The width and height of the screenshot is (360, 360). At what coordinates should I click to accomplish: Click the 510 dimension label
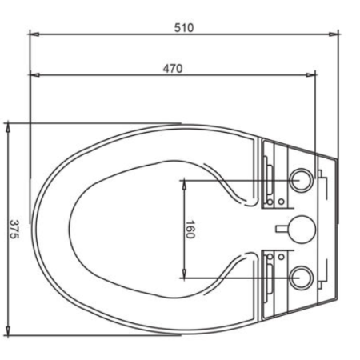184,28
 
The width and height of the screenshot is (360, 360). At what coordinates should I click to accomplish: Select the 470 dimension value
173,69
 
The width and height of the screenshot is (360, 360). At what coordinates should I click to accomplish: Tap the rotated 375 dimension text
14,230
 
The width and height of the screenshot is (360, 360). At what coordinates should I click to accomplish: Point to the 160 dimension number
190,230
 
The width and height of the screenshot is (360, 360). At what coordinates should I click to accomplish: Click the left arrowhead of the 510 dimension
34,34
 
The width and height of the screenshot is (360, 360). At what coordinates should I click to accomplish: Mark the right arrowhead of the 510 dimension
334,34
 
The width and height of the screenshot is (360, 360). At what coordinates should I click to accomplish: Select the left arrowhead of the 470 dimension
34,75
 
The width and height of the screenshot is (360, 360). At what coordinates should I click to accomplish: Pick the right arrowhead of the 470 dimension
310,75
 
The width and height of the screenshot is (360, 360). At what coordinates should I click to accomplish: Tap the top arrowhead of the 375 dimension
8,127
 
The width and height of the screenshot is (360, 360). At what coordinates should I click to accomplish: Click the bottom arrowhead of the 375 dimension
8,330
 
